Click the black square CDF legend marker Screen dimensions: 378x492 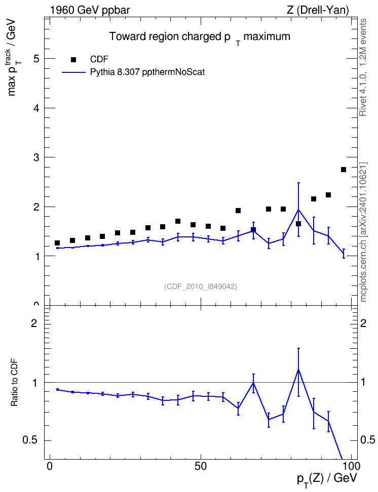[73, 60]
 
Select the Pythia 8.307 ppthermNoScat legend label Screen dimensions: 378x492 [147, 72]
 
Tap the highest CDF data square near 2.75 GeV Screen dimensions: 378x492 [344, 170]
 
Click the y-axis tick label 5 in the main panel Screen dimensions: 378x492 [37, 59]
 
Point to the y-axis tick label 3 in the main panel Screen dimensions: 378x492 [37, 157]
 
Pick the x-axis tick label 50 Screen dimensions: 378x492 [201, 466]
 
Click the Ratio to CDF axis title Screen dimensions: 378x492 [14, 382]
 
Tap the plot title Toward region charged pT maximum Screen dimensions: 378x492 [200, 37]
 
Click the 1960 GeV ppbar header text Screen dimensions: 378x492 [90, 10]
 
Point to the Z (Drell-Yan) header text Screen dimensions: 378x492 [318, 10]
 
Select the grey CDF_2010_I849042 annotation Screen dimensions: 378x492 [201, 286]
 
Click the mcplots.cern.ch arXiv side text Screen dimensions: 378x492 [363, 232]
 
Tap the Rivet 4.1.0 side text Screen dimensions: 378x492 [363, 67]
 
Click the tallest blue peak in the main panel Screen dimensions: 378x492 [298, 210]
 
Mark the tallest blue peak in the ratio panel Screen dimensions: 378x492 [298, 370]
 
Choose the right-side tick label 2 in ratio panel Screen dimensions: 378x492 [363, 323]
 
